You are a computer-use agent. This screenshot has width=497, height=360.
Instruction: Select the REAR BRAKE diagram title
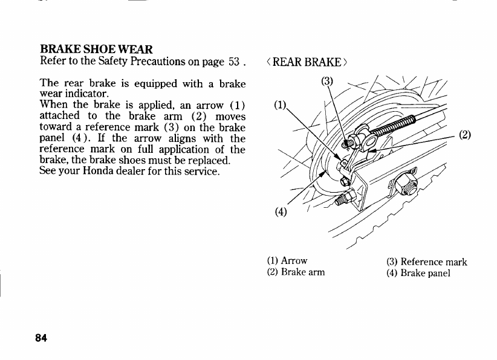click(x=307, y=63)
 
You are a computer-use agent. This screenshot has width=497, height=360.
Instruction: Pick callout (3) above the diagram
click(x=327, y=81)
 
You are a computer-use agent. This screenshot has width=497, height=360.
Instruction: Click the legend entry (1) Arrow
click(x=287, y=261)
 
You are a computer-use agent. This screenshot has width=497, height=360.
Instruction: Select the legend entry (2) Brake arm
click(x=296, y=272)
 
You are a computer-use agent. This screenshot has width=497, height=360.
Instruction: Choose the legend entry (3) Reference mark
click(x=426, y=262)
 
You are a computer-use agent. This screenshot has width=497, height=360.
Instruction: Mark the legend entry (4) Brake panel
click(x=418, y=272)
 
